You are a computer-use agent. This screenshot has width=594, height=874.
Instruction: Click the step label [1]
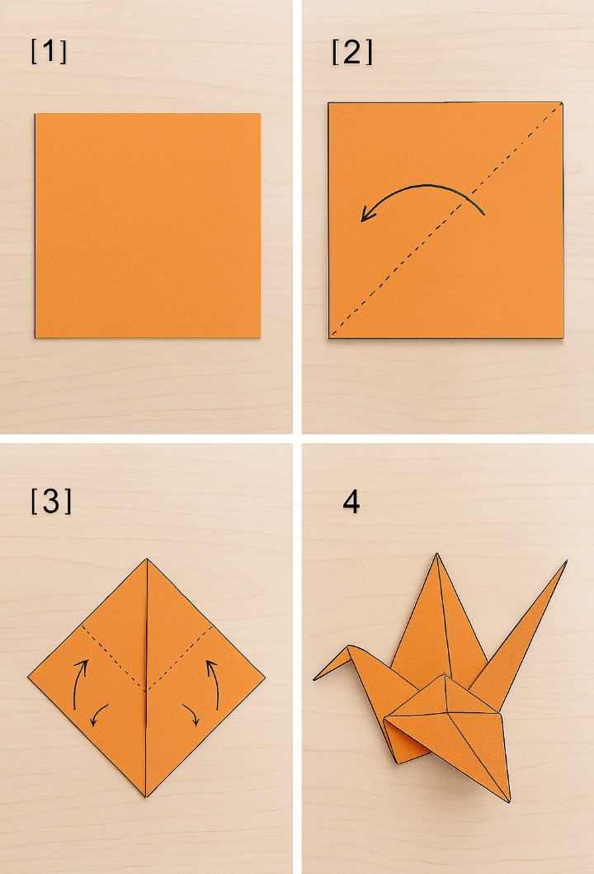point(49,51)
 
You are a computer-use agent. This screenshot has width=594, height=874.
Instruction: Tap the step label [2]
point(351,52)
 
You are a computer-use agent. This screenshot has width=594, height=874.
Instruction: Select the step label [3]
point(51,500)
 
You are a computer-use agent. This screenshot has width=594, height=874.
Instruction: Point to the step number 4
point(351,503)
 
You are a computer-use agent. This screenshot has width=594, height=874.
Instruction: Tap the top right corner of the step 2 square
point(562,103)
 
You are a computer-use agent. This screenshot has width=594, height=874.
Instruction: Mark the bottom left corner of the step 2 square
point(328,338)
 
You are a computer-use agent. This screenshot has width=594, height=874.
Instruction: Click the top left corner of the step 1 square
point(35,114)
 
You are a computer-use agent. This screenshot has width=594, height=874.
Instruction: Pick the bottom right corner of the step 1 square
point(260,338)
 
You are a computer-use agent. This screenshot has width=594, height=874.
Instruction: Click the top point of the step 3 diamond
point(147,559)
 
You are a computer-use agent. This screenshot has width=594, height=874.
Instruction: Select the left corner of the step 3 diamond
point(28,678)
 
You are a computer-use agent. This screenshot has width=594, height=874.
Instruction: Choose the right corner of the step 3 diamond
point(265,678)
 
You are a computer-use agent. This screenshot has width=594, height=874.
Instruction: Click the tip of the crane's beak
point(313,679)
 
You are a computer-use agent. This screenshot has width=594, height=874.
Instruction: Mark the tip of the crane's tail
point(567,560)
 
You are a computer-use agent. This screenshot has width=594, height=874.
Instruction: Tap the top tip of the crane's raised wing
point(437,554)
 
